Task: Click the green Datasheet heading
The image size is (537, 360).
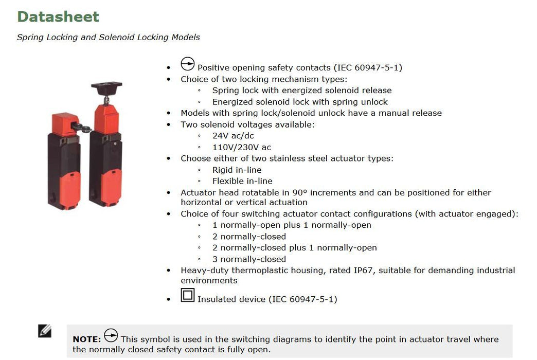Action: point(58,16)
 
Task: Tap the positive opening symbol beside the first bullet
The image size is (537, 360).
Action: point(188,65)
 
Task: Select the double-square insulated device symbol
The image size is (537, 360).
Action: point(188,295)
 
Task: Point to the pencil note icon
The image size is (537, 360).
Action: point(45,331)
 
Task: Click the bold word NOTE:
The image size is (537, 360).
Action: point(87,339)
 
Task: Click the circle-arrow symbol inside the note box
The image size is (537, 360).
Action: point(111,336)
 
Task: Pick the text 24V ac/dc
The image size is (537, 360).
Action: point(233,136)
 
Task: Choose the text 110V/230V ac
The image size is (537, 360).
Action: point(241,148)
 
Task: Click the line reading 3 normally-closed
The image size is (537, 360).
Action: point(249,259)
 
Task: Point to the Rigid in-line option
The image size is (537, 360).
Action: point(237,170)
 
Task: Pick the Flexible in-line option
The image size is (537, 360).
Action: point(242,181)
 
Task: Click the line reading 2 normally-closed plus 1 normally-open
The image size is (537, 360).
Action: point(294,248)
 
